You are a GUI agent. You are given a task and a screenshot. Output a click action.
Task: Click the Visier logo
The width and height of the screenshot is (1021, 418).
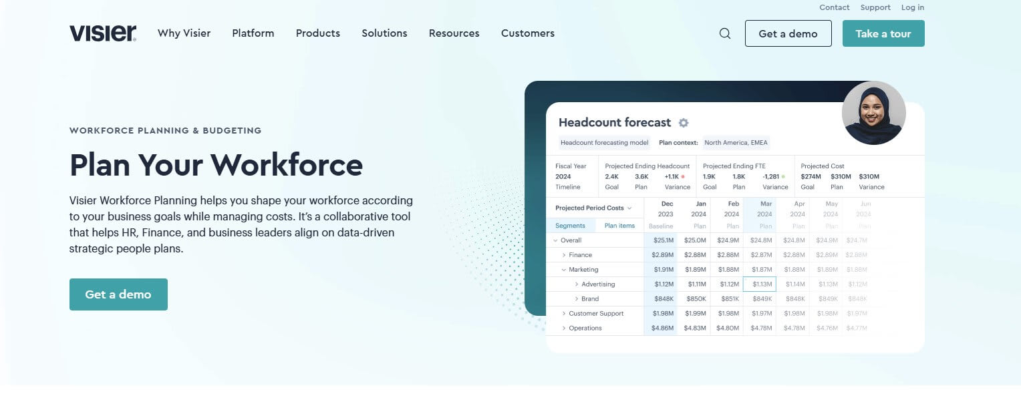click(103, 33)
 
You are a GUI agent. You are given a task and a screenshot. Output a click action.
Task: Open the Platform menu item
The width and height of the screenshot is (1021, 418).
click(253, 33)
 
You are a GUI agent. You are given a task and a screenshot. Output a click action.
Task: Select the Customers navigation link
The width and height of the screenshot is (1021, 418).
click(527, 33)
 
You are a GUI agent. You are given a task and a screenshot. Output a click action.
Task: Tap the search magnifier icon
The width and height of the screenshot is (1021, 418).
click(725, 33)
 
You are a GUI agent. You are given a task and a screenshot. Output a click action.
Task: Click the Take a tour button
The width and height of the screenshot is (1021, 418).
click(883, 33)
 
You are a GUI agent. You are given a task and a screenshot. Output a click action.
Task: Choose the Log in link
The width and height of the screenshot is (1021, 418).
click(912, 7)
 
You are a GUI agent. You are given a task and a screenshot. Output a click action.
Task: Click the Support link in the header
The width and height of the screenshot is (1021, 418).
click(875, 7)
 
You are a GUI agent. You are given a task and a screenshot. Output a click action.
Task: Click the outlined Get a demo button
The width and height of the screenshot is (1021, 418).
click(788, 33)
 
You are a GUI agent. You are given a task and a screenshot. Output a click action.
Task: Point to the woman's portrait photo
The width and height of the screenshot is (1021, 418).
click(873, 113)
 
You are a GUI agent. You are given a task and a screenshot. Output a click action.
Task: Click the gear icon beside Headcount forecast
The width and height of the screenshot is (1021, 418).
click(684, 123)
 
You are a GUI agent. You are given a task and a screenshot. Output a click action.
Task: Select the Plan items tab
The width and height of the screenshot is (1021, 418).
click(619, 226)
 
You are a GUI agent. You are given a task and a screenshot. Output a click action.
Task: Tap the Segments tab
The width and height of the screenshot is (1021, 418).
click(570, 226)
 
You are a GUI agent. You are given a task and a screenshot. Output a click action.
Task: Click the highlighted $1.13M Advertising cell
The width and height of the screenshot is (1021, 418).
click(759, 284)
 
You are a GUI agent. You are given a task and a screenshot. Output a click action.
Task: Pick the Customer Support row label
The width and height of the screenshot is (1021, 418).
click(596, 314)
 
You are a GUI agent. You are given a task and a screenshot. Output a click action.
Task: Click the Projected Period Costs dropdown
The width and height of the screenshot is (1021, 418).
click(593, 208)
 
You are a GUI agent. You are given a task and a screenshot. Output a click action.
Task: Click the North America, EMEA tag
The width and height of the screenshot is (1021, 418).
click(736, 142)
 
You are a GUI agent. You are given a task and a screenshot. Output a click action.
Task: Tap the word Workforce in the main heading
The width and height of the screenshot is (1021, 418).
click(287, 165)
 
